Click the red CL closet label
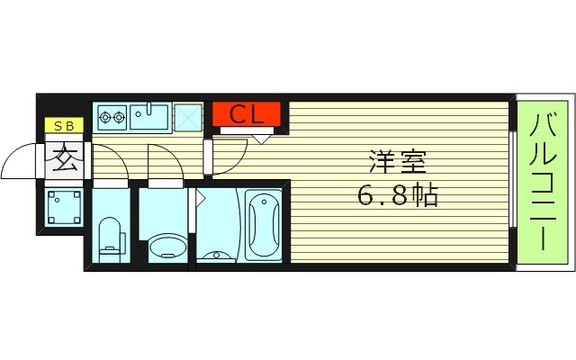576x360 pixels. coord(247,115)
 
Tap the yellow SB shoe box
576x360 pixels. coord(64,126)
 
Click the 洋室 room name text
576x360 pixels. coord(396,165)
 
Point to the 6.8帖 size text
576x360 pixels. coord(397,195)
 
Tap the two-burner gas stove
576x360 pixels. coord(112,116)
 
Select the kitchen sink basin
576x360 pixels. coord(148,116)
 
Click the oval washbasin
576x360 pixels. coord(164,246)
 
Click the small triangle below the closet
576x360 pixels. coord(262,138)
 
